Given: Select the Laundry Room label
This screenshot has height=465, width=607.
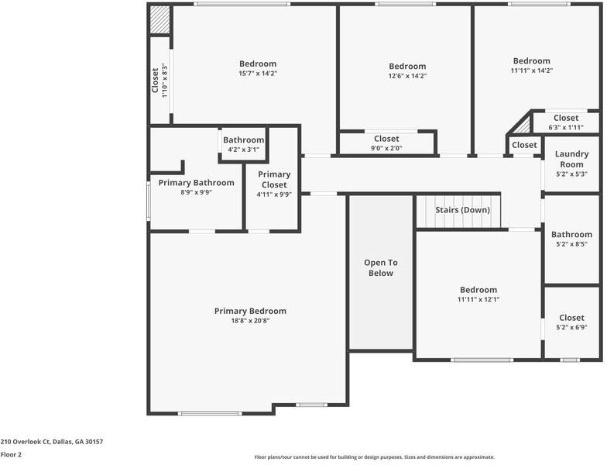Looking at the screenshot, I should [x=571, y=159].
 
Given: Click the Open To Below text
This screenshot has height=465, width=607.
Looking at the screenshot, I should [x=381, y=267].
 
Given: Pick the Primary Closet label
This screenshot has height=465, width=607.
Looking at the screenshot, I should [x=274, y=180].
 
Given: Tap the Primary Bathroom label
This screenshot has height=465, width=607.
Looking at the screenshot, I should [x=196, y=183].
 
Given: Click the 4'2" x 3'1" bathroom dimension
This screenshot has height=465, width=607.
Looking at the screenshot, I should [x=243, y=150].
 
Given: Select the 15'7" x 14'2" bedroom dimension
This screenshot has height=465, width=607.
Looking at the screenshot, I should [x=258, y=74].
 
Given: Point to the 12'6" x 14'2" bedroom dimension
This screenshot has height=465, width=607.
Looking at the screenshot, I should [x=407, y=76].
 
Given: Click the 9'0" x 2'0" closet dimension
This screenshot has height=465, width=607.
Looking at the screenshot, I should [x=387, y=148].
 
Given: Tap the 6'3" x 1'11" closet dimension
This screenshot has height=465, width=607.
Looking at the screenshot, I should [x=566, y=127].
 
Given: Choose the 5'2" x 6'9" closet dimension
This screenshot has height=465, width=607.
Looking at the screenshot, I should [x=571, y=327].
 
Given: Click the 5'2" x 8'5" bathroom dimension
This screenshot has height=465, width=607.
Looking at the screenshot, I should [x=571, y=244].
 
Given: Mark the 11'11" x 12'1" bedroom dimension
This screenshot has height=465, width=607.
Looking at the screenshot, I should [x=478, y=299].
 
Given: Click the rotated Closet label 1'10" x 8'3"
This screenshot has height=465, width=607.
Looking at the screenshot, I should [x=159, y=80].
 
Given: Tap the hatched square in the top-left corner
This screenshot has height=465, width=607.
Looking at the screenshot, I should [x=160, y=19].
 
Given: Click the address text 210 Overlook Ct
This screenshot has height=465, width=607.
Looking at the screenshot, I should [x=52, y=442].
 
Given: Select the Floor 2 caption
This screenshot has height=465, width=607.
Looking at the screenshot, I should [x=11, y=455].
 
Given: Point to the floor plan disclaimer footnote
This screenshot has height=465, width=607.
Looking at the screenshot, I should [x=375, y=457].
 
